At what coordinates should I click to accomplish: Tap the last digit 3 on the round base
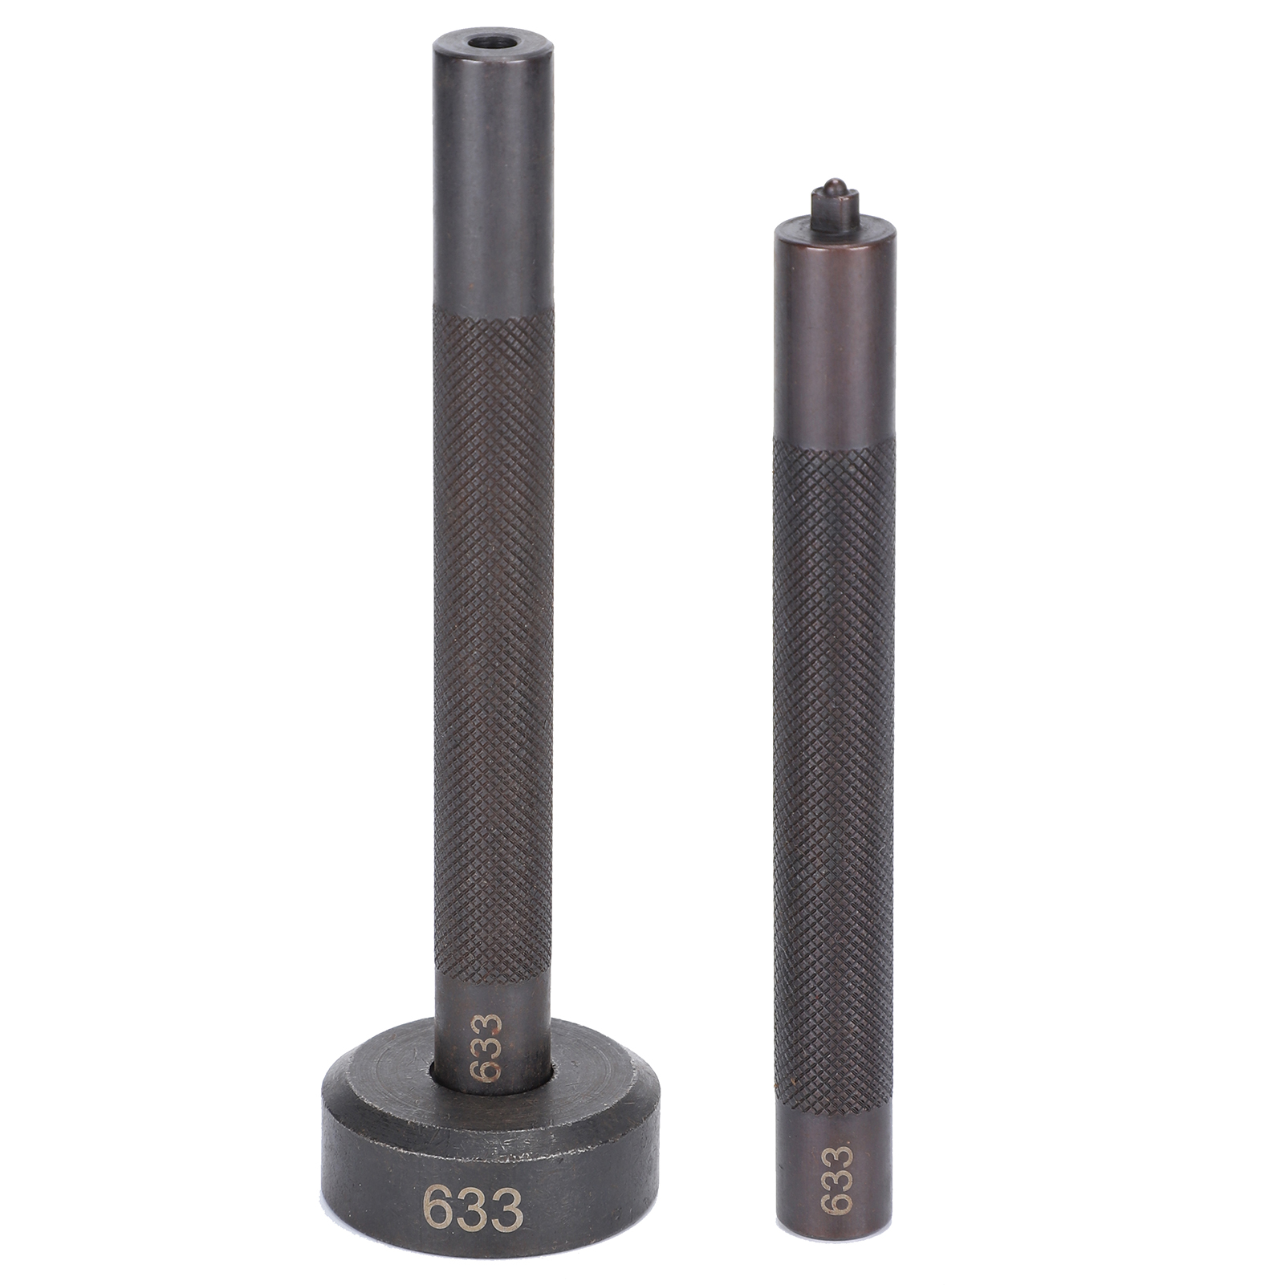pyautogui.click(x=508, y=1209)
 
